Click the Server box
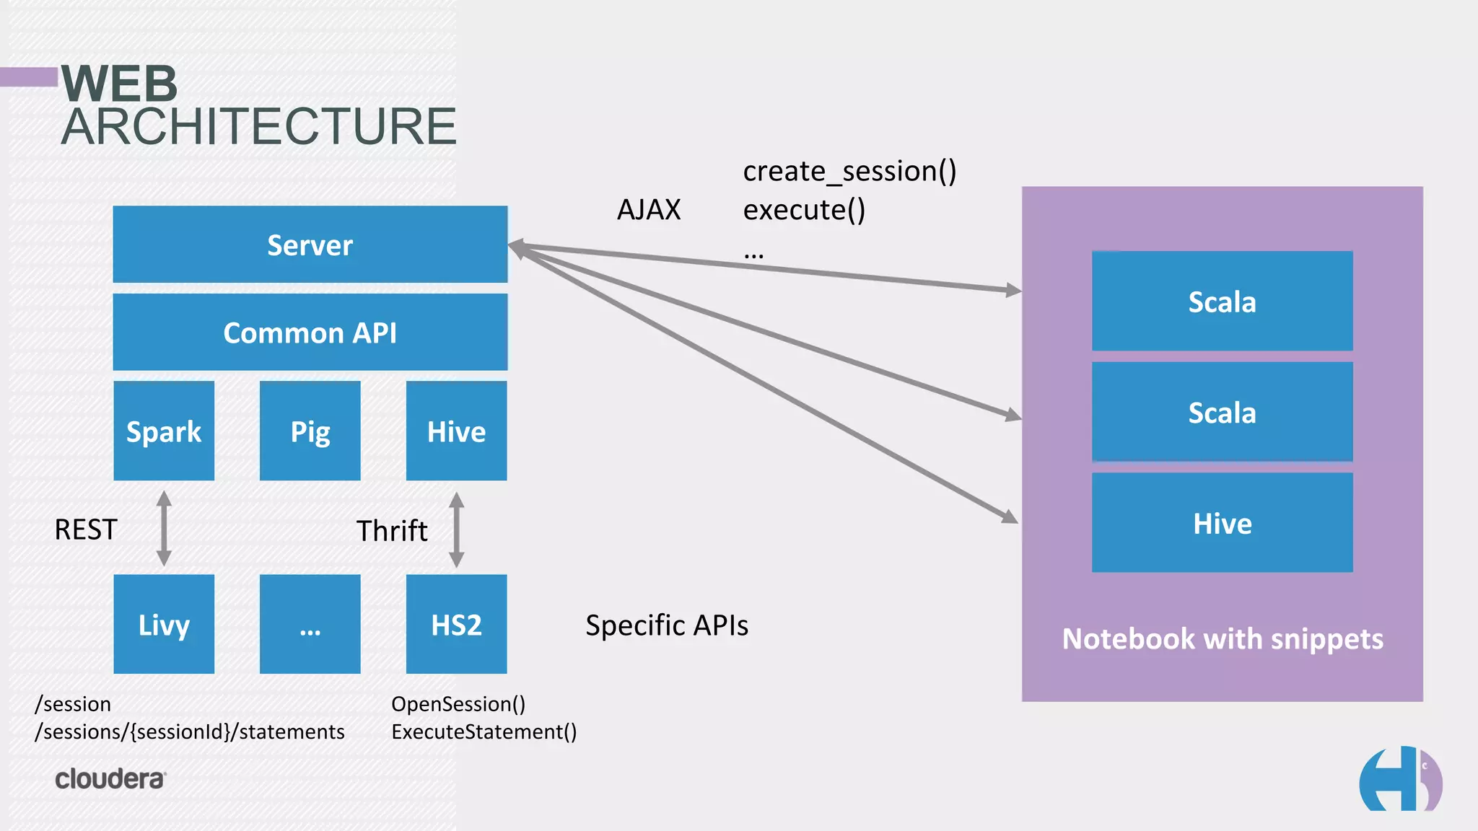pos(310,245)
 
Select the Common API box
pos(310,333)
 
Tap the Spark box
pos(164,431)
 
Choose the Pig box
pos(310,431)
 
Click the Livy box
pos(164,624)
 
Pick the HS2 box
pos(456,624)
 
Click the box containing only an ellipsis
pos(310,624)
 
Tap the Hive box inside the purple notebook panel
pos(1222,523)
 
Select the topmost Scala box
pos(1222,302)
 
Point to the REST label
pos(86,529)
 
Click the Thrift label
pos(392,531)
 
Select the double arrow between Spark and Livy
pos(164,528)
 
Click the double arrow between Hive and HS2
pos(456,529)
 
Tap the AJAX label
pos(649,210)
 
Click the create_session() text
pos(849,172)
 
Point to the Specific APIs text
pos(667,625)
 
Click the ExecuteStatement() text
pos(484,731)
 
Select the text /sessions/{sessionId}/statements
pos(190,731)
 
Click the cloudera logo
pos(110,779)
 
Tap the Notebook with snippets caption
pos(1223,639)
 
